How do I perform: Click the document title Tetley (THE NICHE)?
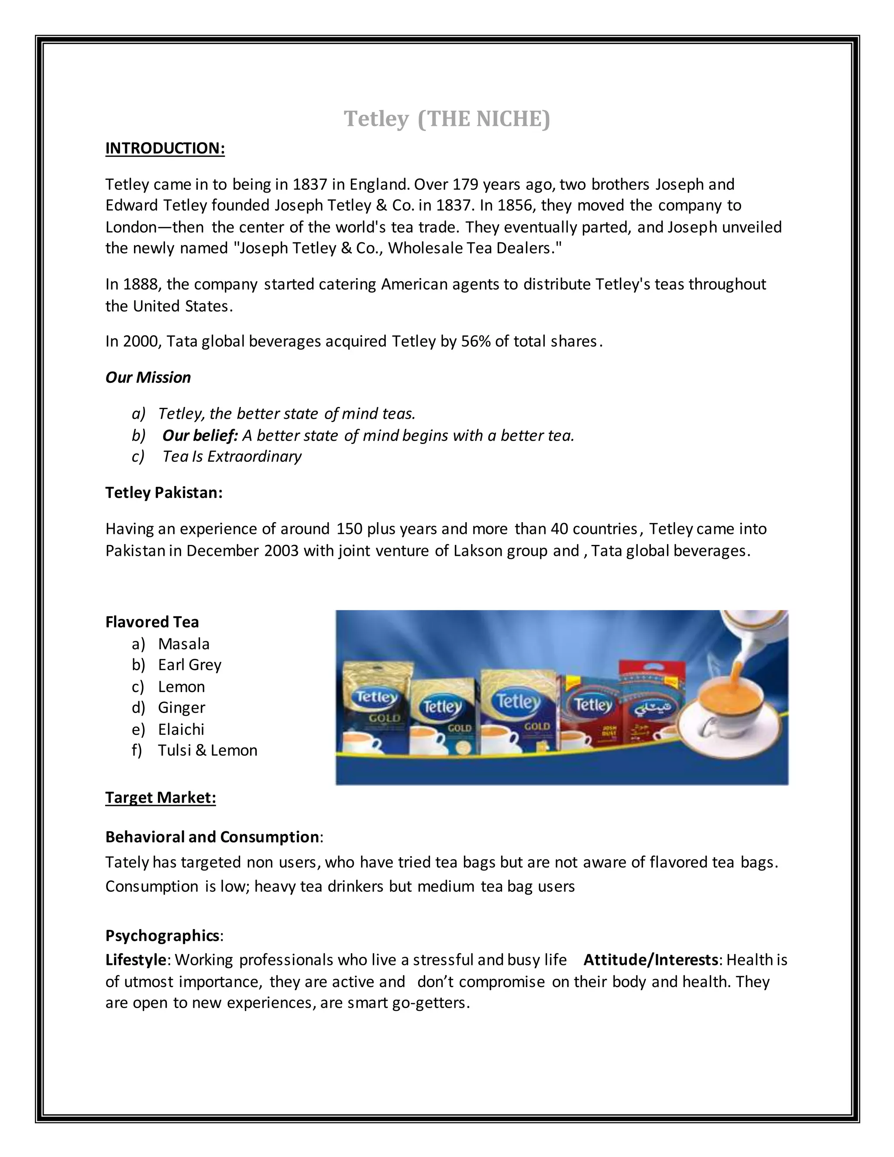447,119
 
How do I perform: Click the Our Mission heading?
148,378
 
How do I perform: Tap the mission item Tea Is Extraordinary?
232,457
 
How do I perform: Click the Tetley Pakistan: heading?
164,492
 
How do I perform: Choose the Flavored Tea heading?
152,622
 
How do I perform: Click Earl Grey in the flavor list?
189,665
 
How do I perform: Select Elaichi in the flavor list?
181,730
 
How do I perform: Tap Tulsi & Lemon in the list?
208,751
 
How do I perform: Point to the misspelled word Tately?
127,862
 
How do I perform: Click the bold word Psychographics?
162,936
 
